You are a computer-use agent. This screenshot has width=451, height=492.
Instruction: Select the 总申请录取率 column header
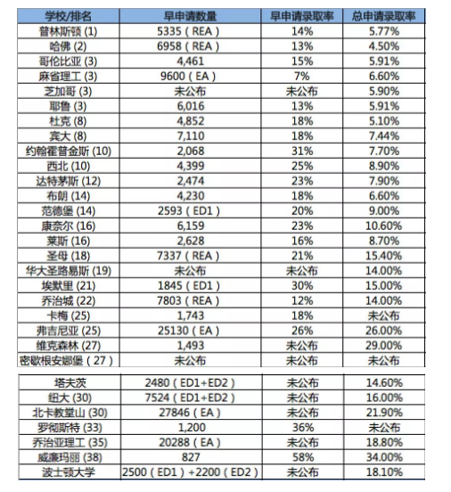point(389,17)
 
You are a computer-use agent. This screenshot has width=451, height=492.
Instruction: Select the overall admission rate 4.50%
point(389,45)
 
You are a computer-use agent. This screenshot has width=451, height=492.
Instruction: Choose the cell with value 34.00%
point(389,455)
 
